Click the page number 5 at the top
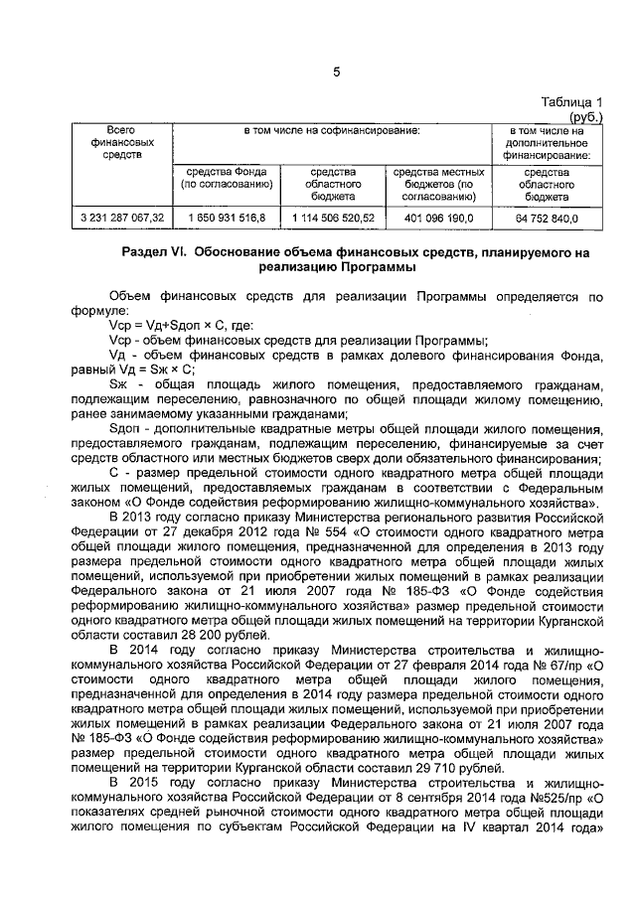336,72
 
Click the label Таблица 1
572,102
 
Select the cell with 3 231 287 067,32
121,218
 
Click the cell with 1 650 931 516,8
225,218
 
